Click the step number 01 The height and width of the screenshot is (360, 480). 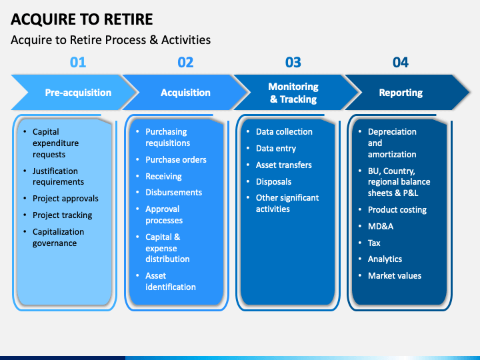(x=78, y=62)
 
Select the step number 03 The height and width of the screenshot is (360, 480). (x=293, y=62)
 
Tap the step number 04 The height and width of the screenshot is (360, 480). (x=401, y=62)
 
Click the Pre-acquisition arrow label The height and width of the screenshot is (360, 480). (x=78, y=93)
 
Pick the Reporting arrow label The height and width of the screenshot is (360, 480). (x=401, y=93)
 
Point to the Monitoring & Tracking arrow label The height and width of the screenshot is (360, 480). (x=293, y=93)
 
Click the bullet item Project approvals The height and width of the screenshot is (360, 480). (x=65, y=199)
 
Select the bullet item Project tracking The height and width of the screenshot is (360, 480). (x=62, y=215)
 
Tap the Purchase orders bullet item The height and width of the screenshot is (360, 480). (x=176, y=159)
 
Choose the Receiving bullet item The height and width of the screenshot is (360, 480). (x=163, y=176)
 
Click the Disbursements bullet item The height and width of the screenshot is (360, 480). (x=173, y=192)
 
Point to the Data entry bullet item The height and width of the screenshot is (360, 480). (x=276, y=149)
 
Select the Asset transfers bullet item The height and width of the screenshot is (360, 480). (x=284, y=165)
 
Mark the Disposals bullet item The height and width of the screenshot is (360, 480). (x=273, y=181)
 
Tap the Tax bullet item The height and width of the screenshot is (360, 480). (x=374, y=243)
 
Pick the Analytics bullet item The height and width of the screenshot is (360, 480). (x=385, y=259)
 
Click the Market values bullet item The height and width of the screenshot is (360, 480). (x=395, y=275)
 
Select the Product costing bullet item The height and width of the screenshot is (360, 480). (x=397, y=210)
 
